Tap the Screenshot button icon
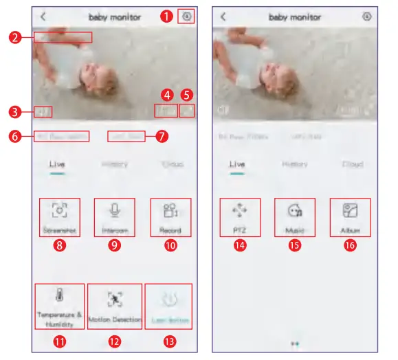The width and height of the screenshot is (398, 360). click(60, 210)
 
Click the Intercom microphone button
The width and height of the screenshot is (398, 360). click(114, 210)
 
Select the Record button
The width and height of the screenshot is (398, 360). click(170, 210)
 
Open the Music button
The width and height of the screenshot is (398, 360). click(295, 210)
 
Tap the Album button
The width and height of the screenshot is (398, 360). click(351, 210)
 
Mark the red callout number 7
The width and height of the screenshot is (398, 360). click(162, 135)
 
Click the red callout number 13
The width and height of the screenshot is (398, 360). click(170, 339)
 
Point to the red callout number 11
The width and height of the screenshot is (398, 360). click(60, 339)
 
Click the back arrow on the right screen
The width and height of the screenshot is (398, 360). click(222, 16)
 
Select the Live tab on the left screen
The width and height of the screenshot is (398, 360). click(56, 165)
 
